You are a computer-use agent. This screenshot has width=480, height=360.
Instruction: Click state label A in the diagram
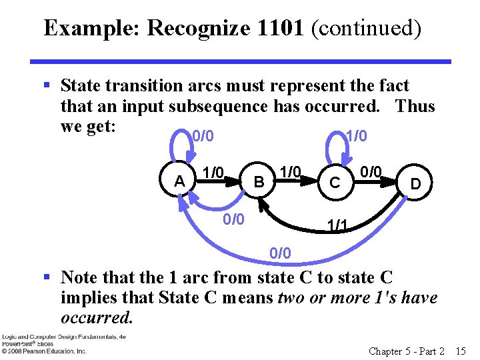pos(179,181)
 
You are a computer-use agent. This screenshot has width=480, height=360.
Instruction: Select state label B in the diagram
pos(260,181)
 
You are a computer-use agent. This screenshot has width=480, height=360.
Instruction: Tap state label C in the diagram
pos(336,182)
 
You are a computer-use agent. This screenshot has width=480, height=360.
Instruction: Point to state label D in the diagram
pos(415,182)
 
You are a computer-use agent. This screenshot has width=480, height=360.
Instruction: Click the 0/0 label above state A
pos(203,137)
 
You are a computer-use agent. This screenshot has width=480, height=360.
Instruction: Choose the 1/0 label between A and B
pos(213,173)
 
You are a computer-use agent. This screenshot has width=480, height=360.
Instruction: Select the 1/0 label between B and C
pos(289,173)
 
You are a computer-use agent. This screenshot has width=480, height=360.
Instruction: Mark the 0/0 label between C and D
pos(371,173)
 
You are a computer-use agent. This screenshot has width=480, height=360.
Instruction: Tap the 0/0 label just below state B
pos(233,219)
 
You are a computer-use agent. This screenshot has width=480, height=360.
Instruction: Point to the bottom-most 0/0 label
pos(280,253)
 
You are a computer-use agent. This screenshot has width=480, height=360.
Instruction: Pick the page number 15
pos(460,351)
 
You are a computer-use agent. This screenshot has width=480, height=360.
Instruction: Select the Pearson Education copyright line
pos(43,350)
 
